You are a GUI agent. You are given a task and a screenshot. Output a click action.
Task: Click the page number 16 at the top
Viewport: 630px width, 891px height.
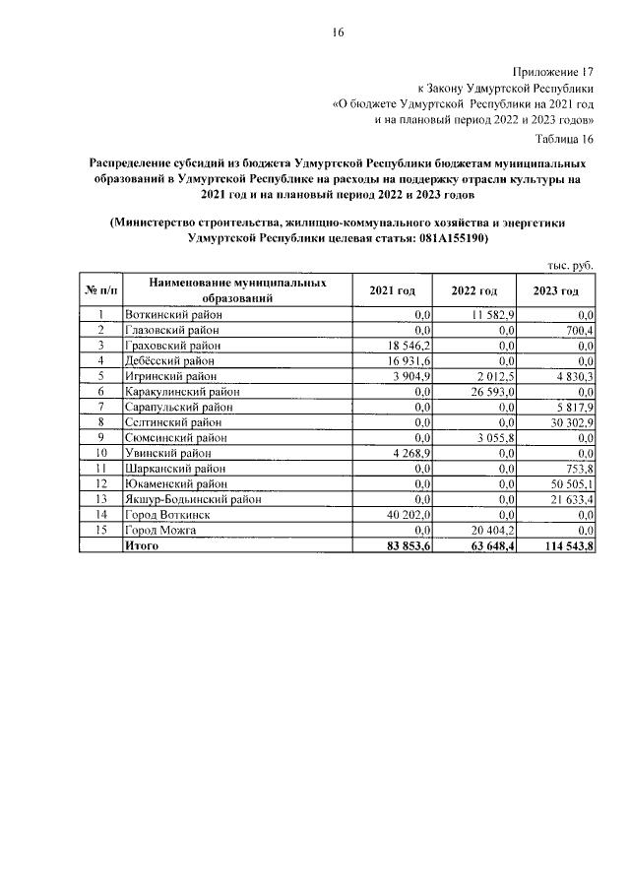(338, 32)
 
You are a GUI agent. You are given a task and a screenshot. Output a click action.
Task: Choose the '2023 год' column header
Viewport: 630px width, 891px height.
(556, 290)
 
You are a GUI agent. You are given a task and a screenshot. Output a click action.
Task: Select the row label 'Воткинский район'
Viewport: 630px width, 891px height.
(173, 314)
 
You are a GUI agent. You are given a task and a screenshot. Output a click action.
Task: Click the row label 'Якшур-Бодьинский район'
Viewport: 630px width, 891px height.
(193, 499)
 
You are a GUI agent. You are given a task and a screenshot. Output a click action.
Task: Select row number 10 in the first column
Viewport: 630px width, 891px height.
(100, 453)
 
